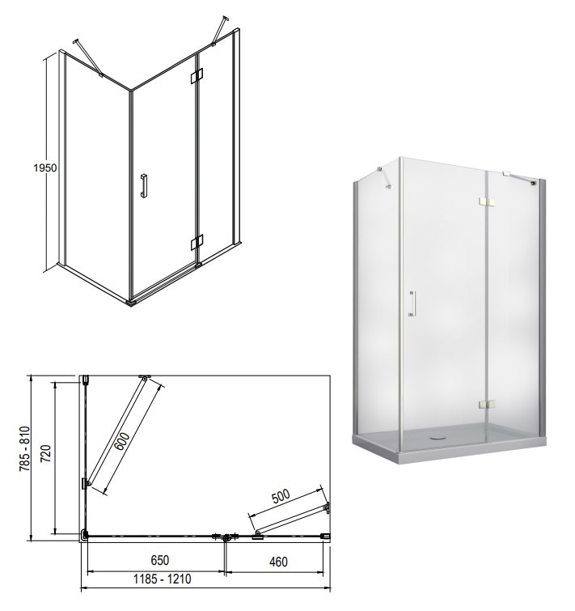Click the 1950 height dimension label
pyautogui.click(x=45, y=168)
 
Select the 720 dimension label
pyautogui.click(x=46, y=454)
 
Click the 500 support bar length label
pyautogui.click(x=281, y=496)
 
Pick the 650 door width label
pyautogui.click(x=159, y=560)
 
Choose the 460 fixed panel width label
pyautogui.click(x=278, y=562)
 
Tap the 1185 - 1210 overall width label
pyautogui.click(x=163, y=579)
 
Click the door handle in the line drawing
pyautogui.click(x=145, y=186)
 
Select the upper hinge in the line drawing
pyautogui.click(x=197, y=75)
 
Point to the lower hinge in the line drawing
pyautogui.click(x=197, y=242)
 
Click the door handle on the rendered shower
pyautogui.click(x=412, y=303)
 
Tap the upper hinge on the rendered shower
pyautogui.click(x=487, y=202)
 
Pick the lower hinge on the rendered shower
pyautogui.click(x=487, y=405)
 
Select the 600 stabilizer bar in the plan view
pyautogui.click(x=116, y=431)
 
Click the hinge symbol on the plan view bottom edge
pyautogui.click(x=226, y=537)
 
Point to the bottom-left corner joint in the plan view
pyautogui.click(x=84, y=535)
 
